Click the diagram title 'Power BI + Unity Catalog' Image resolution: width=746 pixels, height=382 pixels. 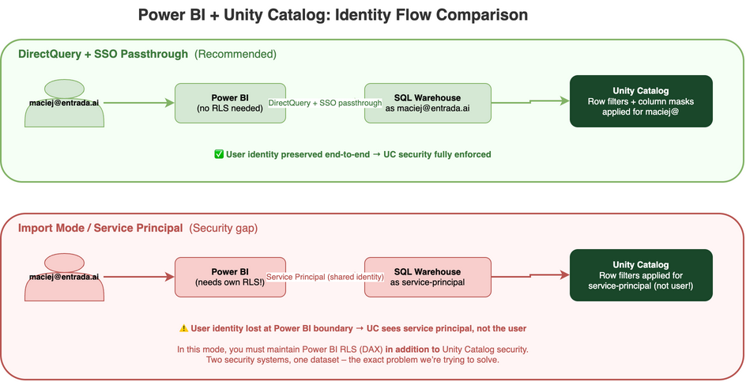pos(333,15)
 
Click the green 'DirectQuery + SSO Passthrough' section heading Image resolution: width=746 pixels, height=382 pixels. pos(104,55)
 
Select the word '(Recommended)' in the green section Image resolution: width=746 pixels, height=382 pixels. pos(235,55)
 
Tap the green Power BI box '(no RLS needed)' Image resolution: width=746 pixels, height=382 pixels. pos(230,103)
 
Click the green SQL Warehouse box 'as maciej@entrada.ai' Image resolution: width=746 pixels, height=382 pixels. pos(428,103)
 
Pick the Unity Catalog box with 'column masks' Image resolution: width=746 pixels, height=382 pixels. pos(641,101)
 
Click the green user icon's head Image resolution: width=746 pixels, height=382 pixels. pos(64,89)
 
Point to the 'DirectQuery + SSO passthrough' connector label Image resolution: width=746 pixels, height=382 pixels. pos(326,104)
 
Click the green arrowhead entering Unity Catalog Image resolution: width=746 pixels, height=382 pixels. pos(564,100)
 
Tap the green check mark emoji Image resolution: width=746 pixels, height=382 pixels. pos(219,154)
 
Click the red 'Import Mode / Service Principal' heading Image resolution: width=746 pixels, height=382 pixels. pos(100,229)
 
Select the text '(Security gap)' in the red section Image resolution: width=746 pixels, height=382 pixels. pos(224,229)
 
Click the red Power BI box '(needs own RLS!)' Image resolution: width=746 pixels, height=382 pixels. pos(230,277)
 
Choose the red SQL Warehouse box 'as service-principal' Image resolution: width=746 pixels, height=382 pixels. pos(428,277)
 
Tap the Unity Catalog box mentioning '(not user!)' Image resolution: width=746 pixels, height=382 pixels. pos(641,275)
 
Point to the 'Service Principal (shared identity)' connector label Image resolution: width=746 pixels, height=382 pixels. pos(326,278)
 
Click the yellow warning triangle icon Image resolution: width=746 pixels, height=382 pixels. pos(183,328)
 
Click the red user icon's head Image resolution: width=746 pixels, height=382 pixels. pos(64,263)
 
